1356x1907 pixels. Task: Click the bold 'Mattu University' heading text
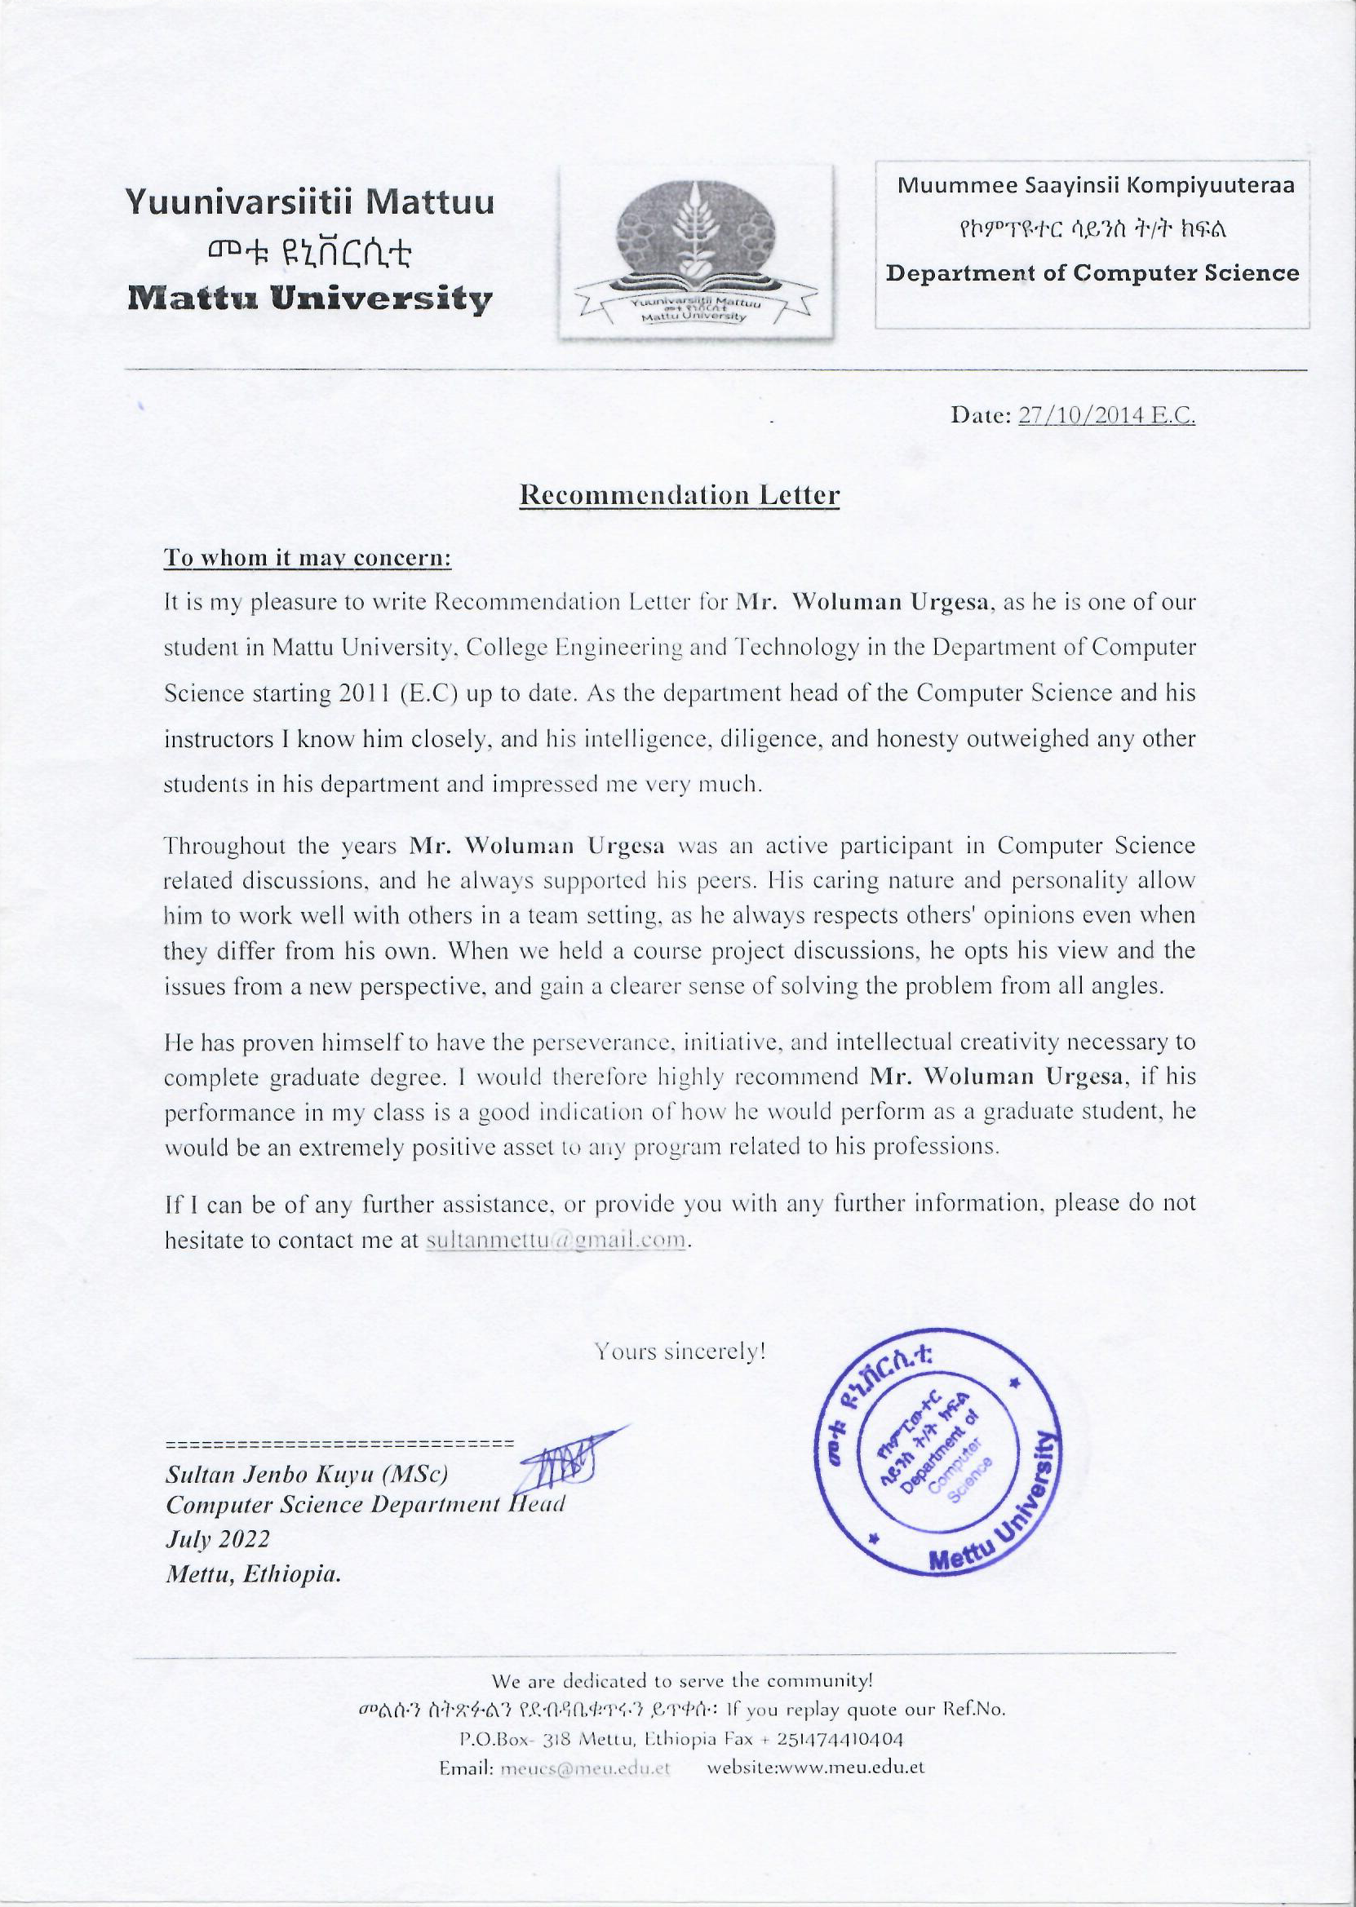[308, 298]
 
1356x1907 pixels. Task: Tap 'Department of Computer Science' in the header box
[1092, 273]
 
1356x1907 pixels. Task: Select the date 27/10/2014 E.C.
[1106, 416]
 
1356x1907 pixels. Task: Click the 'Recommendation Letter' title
[679, 495]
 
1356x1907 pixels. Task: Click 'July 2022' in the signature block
[218, 1539]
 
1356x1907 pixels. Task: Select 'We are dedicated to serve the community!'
[682, 1679]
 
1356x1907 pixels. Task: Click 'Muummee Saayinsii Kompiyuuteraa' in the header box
[1096, 185]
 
